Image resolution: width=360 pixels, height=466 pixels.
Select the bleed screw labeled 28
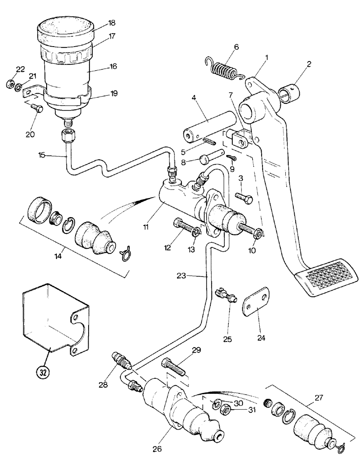(x=121, y=361)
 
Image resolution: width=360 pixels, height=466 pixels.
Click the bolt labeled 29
(x=173, y=364)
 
